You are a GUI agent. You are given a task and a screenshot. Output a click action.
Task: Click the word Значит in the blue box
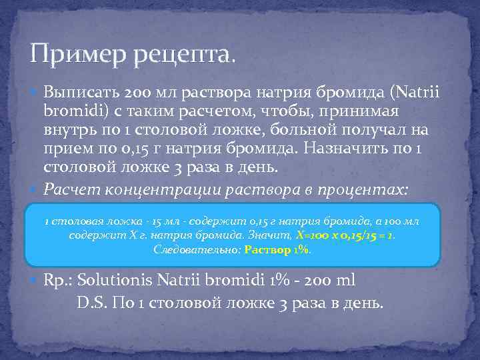coord(271,235)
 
